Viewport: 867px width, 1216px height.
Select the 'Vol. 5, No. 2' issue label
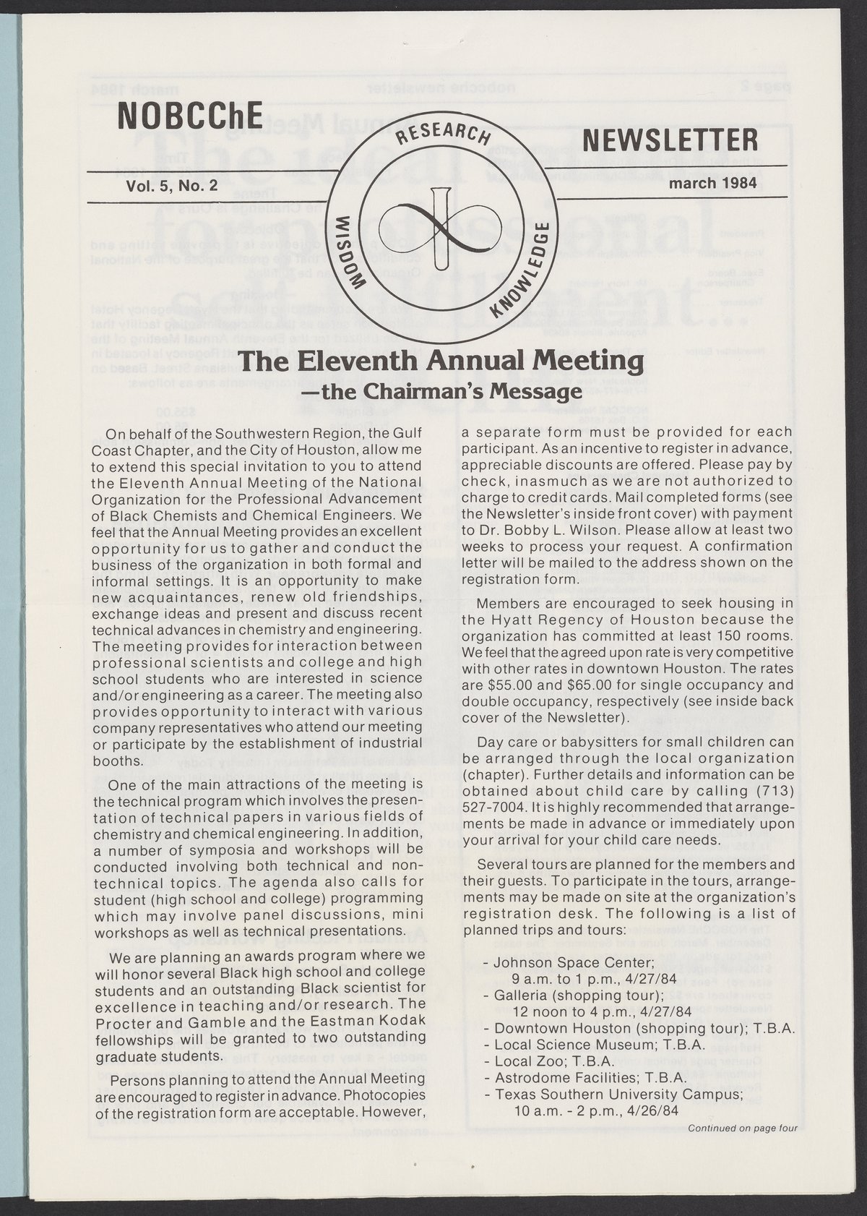pos(171,185)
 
